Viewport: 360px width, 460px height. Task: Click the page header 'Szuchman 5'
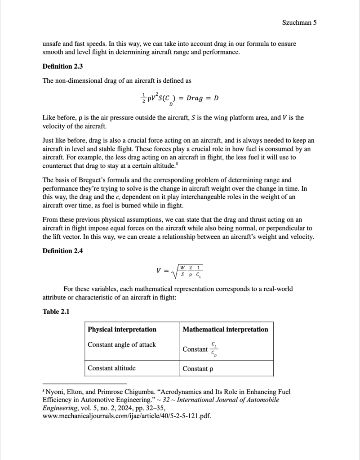(299, 22)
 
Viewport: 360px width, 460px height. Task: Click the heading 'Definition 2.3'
(63, 67)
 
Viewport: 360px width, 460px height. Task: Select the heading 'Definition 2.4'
(63, 251)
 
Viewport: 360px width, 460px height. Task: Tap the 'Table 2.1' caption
(56, 311)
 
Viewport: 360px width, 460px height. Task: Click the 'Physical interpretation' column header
(122, 330)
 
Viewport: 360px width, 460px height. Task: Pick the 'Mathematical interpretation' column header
(225, 330)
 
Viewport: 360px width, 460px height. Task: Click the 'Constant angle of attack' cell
(122, 345)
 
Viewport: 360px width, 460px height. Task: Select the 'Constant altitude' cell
(111, 368)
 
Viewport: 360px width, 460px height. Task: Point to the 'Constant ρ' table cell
(197, 369)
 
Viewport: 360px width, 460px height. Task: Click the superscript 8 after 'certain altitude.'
(175, 165)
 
